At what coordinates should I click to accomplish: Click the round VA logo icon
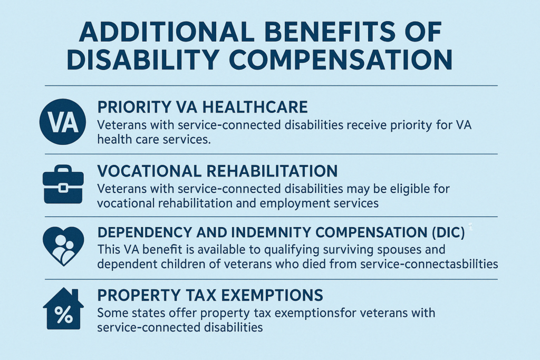63,122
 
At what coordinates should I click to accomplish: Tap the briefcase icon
63,184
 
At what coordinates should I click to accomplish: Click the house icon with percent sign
63,309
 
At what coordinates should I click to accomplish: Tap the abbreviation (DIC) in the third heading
448,232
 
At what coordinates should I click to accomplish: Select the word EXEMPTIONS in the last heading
272,295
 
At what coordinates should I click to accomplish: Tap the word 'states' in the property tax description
149,313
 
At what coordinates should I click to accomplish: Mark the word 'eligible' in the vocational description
384,189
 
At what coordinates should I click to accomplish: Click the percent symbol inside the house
63,315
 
